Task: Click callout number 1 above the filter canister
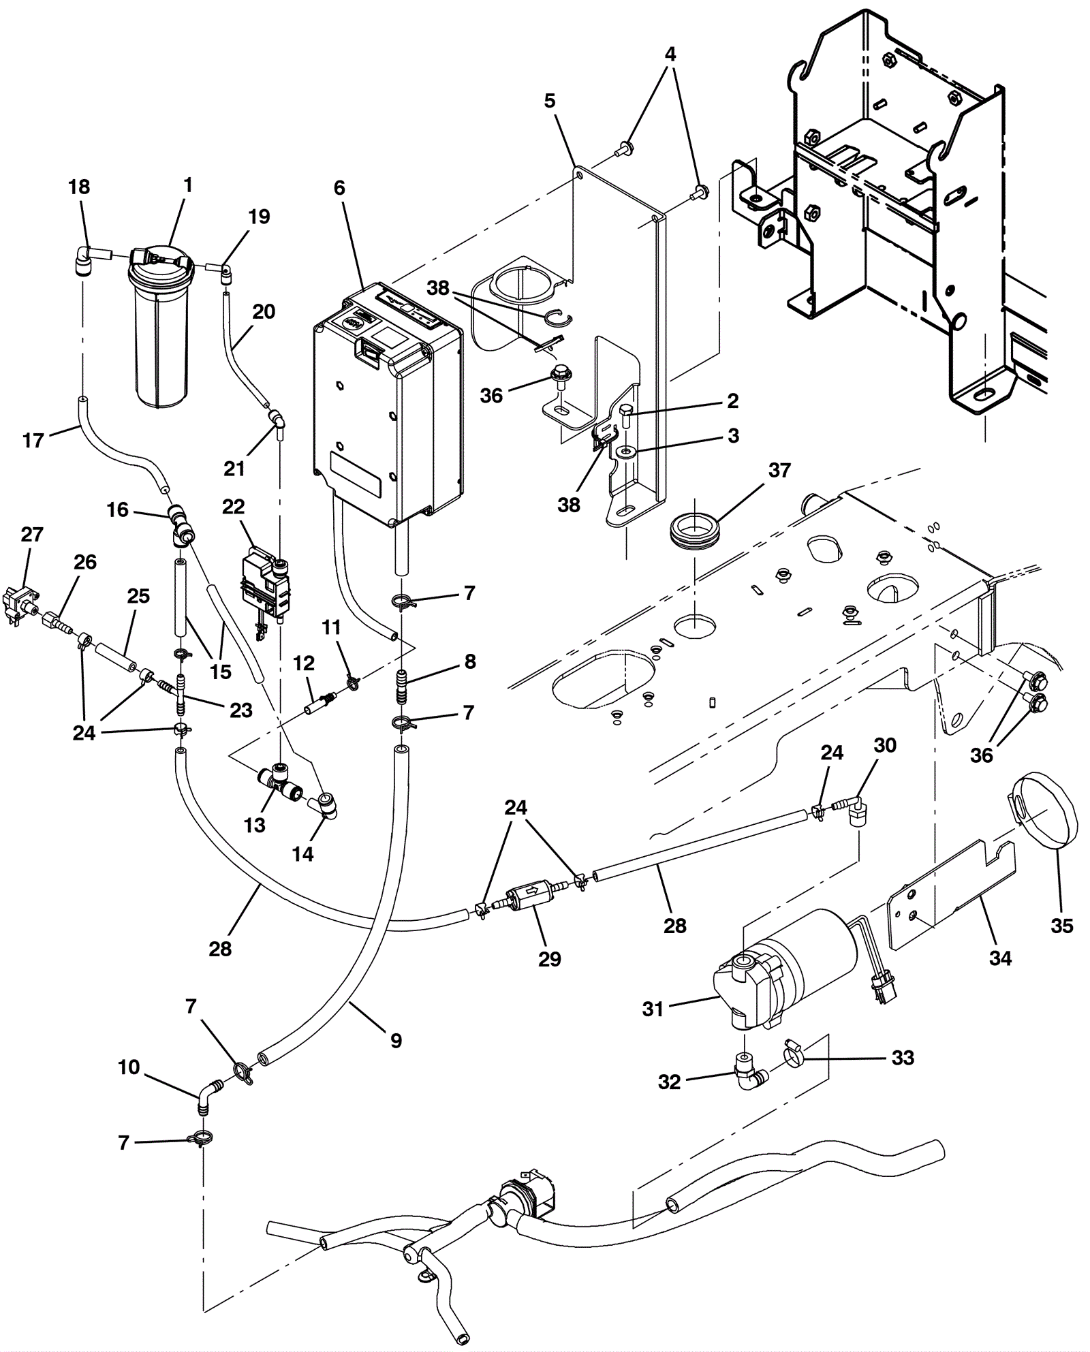click(188, 185)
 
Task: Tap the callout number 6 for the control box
click(339, 188)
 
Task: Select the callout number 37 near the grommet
click(779, 470)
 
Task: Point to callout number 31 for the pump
click(653, 1009)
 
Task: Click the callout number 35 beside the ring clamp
click(1061, 926)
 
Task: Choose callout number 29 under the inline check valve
click(549, 958)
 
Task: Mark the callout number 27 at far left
click(32, 535)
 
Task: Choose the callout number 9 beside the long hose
click(396, 1040)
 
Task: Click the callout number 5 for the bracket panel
click(550, 101)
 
